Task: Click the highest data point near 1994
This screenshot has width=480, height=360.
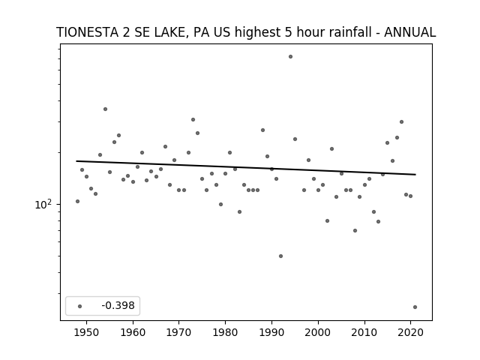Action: tap(290, 57)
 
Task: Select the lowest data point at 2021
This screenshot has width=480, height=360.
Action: tap(415, 307)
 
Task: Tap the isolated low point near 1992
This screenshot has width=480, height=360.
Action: tap(280, 256)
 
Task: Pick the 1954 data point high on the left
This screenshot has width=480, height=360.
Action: tap(105, 109)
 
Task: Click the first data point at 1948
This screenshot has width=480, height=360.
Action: tap(77, 201)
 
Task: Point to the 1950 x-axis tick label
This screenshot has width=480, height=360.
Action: tap(87, 332)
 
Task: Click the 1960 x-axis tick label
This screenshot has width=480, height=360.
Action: tap(133, 332)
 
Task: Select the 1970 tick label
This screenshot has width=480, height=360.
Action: tap(178, 332)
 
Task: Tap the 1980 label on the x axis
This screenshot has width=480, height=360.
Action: tap(225, 332)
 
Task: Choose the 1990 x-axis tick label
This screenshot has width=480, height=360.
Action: tap(271, 332)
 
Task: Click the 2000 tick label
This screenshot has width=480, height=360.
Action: tap(318, 332)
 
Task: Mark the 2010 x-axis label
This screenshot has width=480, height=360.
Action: tap(364, 332)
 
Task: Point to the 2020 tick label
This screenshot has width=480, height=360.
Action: tap(410, 332)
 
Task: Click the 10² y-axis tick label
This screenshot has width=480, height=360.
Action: tap(43, 204)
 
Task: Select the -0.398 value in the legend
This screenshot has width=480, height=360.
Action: tap(118, 305)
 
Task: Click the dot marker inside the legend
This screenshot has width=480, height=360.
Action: tap(80, 306)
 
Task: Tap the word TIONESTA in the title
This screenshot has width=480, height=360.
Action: tap(87, 32)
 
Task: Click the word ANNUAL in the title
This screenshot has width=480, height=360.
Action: tap(410, 32)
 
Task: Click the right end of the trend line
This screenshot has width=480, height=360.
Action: tap(415, 175)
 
